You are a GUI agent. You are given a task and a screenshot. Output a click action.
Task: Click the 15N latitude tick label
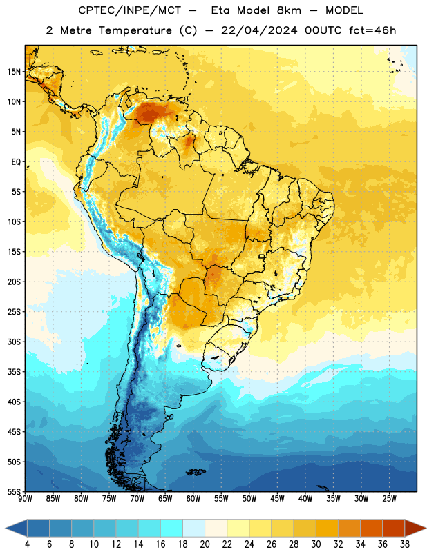pos(14,72)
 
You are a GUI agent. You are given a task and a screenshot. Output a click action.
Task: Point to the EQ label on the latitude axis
pos(16,162)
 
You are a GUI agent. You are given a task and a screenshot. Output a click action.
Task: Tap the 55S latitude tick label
pos(14,491)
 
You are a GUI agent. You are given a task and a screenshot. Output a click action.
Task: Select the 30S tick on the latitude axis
pos(14,342)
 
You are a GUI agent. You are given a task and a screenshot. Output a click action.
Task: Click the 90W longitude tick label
pos(25,498)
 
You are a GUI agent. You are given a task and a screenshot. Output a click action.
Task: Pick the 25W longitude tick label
pos(389,498)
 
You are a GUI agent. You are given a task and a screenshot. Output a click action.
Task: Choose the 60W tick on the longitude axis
pos(193,498)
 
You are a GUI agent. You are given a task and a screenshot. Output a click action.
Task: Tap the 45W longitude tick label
pos(277,498)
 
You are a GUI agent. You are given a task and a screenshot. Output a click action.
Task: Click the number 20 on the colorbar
pos(205,544)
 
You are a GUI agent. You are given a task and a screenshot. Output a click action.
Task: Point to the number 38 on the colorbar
pos(405,544)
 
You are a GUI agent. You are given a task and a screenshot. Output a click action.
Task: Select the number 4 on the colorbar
pos(27,544)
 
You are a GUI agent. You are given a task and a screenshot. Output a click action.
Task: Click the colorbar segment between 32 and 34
pos(349,529)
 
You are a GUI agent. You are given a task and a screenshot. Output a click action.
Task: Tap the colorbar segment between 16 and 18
pos(171,529)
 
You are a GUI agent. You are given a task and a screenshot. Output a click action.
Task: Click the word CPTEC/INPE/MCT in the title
pos(130,10)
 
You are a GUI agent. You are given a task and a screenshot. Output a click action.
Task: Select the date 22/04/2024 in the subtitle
pos(259,30)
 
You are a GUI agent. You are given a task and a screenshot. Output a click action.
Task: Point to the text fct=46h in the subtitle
pos(372,30)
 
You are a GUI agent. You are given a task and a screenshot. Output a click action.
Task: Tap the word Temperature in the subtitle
pos(135,30)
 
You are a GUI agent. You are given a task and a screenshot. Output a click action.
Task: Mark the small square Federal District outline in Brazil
pos(262,256)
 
